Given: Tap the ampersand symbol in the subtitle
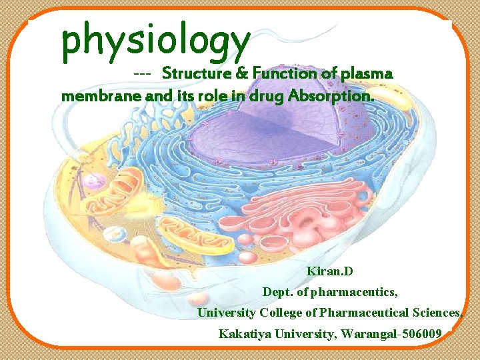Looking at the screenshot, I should coord(239,73).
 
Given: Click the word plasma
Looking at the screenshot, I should coord(366,73).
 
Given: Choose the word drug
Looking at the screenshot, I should coord(266,96).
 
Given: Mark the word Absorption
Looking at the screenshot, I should coord(331,96).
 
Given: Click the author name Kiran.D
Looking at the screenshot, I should coord(330,272).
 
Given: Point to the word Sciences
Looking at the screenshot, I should coord(437,313).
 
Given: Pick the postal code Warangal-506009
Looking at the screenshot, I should coord(391,333).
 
